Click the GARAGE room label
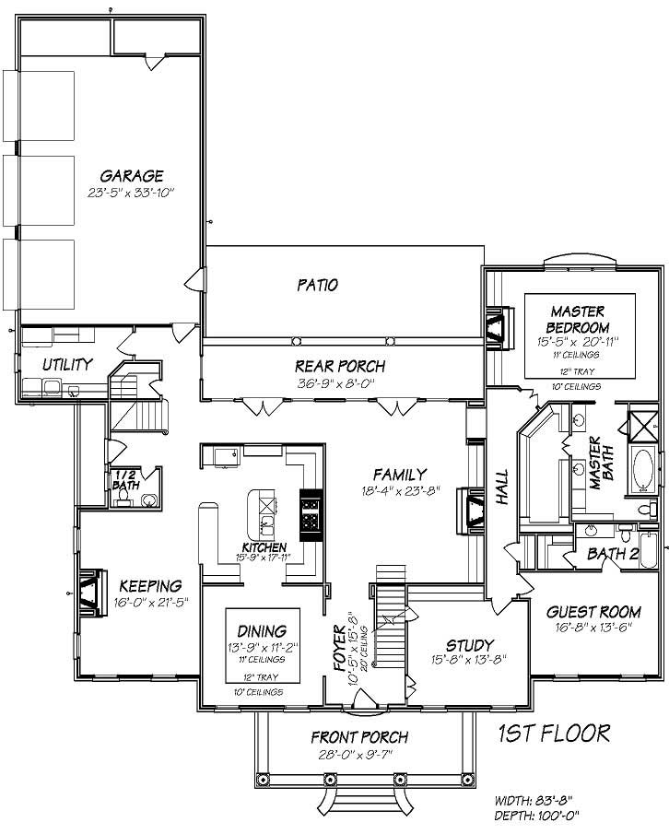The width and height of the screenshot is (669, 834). (x=132, y=175)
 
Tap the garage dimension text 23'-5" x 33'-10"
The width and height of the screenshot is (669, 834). (x=132, y=193)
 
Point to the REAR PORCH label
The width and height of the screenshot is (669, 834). (x=340, y=366)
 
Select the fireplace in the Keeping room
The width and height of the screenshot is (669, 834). (x=93, y=590)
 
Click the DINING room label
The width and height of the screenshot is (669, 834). (x=261, y=629)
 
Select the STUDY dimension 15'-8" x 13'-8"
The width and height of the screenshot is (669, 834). (x=470, y=660)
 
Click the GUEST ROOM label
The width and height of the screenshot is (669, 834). (x=593, y=612)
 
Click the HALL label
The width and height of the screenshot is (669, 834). (x=502, y=497)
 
